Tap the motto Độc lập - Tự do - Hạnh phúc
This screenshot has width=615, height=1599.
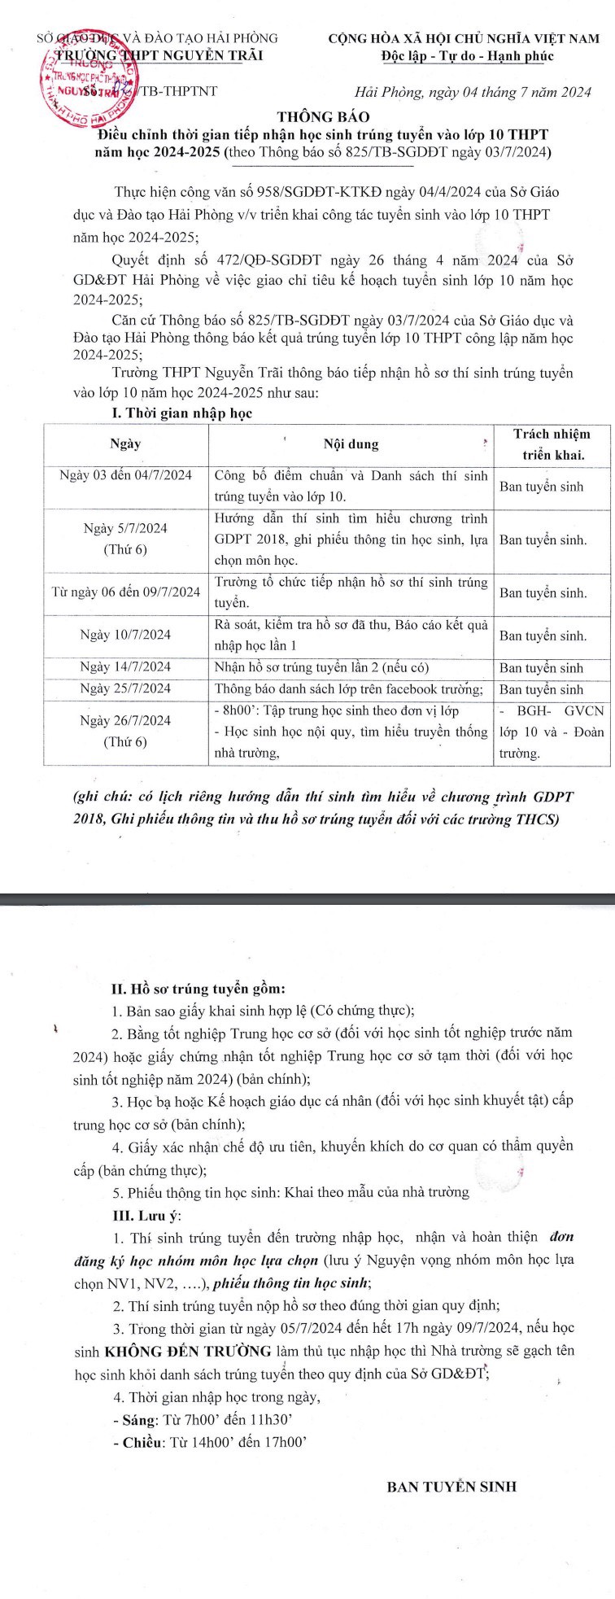[x=467, y=56]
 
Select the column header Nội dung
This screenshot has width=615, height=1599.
[x=351, y=444]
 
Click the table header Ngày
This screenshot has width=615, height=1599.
[x=125, y=444]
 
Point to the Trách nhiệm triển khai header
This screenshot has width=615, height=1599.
[x=552, y=444]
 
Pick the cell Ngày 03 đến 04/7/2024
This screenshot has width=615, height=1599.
[x=125, y=475]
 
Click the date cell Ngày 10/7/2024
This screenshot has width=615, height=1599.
[x=125, y=636]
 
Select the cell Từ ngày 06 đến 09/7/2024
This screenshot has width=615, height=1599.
[x=125, y=592]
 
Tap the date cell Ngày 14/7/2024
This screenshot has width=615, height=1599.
[x=125, y=668]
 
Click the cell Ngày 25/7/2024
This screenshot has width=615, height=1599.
[x=125, y=689]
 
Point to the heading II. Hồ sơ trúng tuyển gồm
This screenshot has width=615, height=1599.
[x=198, y=990]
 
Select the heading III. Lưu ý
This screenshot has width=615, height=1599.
[x=147, y=1216]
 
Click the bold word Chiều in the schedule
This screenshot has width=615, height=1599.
[x=136, y=1443]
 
